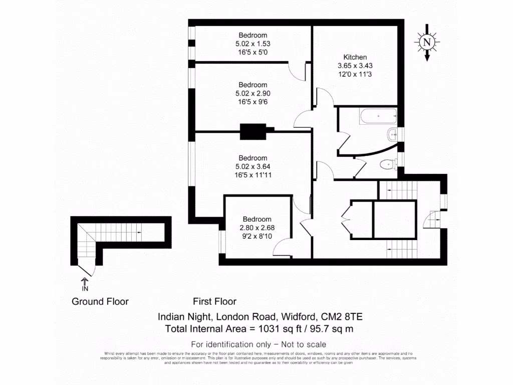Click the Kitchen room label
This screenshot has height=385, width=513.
click(355, 57)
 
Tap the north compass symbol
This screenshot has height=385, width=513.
click(427, 43)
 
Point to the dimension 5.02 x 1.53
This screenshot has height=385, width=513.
click(252, 44)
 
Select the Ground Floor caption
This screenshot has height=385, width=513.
click(100, 301)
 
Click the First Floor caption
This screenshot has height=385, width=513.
click(214, 301)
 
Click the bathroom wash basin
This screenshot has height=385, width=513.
click(392, 134)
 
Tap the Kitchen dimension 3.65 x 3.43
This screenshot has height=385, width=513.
click(355, 65)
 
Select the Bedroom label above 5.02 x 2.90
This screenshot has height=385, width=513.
click(252, 85)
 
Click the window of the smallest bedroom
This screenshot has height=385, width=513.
click(221, 242)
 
